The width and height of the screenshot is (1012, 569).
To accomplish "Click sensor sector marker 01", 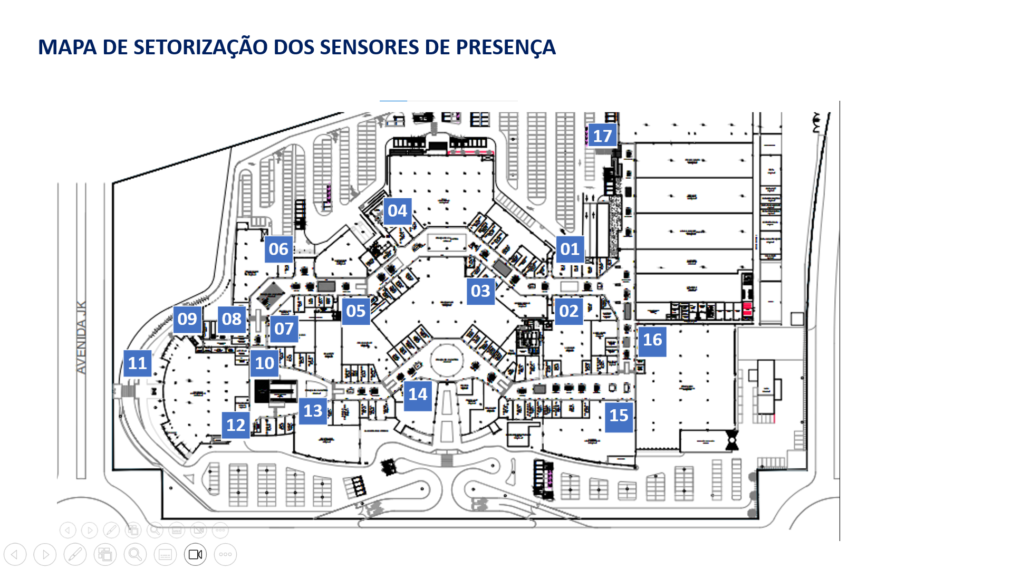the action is click(570, 249).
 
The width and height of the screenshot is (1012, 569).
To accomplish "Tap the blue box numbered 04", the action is click(398, 211).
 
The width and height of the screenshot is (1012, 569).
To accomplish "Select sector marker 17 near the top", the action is click(602, 136).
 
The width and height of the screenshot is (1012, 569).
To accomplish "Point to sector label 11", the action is click(138, 363).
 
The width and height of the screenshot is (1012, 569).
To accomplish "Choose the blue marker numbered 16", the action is click(652, 340).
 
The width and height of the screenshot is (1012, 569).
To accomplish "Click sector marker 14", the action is click(418, 394).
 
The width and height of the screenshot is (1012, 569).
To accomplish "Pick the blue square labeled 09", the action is click(187, 319).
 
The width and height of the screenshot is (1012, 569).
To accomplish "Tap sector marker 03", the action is click(480, 291).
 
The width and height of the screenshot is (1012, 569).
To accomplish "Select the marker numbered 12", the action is click(236, 425).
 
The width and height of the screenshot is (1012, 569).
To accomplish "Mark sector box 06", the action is click(278, 249).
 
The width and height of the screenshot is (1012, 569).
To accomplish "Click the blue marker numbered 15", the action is click(619, 416).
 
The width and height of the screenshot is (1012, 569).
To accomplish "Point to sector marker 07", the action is click(284, 329).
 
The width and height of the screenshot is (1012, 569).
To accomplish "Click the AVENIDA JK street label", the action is click(81, 337).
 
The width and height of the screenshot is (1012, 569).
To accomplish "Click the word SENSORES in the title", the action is click(369, 47).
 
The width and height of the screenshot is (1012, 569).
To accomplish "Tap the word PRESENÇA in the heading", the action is click(505, 47).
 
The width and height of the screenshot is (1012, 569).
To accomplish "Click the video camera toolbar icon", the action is click(195, 554).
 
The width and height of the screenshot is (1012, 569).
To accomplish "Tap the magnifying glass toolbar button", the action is click(135, 554).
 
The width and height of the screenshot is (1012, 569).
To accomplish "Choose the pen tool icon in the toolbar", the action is click(75, 554).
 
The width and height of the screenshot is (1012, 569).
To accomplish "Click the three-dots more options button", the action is click(225, 554).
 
